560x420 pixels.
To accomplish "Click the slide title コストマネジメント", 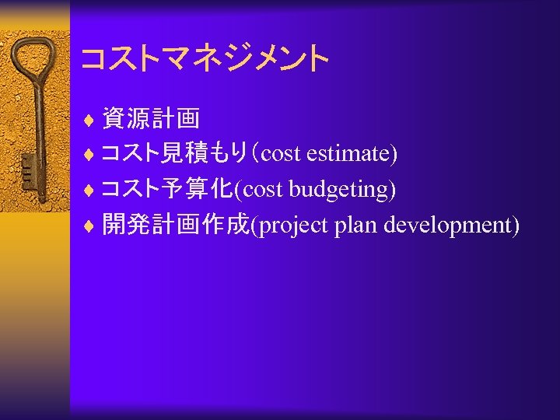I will click(x=205, y=58).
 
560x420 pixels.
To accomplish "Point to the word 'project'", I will click(x=293, y=226).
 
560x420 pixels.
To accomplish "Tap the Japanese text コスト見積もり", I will click(x=178, y=154).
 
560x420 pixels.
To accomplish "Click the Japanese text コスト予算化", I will click(x=168, y=190).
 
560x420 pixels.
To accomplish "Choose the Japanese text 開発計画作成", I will click(x=175, y=226).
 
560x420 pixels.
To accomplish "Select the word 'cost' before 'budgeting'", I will click(x=265, y=190).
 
